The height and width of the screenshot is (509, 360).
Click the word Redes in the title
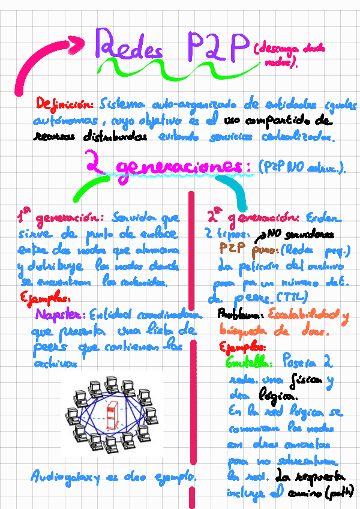point(129,47)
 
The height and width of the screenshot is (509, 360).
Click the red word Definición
point(64,103)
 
